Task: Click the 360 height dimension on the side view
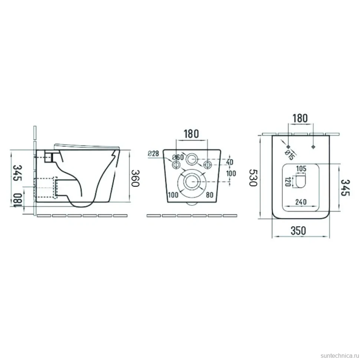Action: coord(136,178)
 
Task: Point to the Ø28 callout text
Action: coord(153,153)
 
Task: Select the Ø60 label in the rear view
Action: coord(178,157)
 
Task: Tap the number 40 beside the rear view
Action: coord(230,162)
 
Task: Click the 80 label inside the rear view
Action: coord(210,195)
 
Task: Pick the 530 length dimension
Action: coord(253,177)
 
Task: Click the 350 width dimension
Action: coord(298,231)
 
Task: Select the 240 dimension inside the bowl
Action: coord(301,202)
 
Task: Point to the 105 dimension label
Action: coord(301,168)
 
